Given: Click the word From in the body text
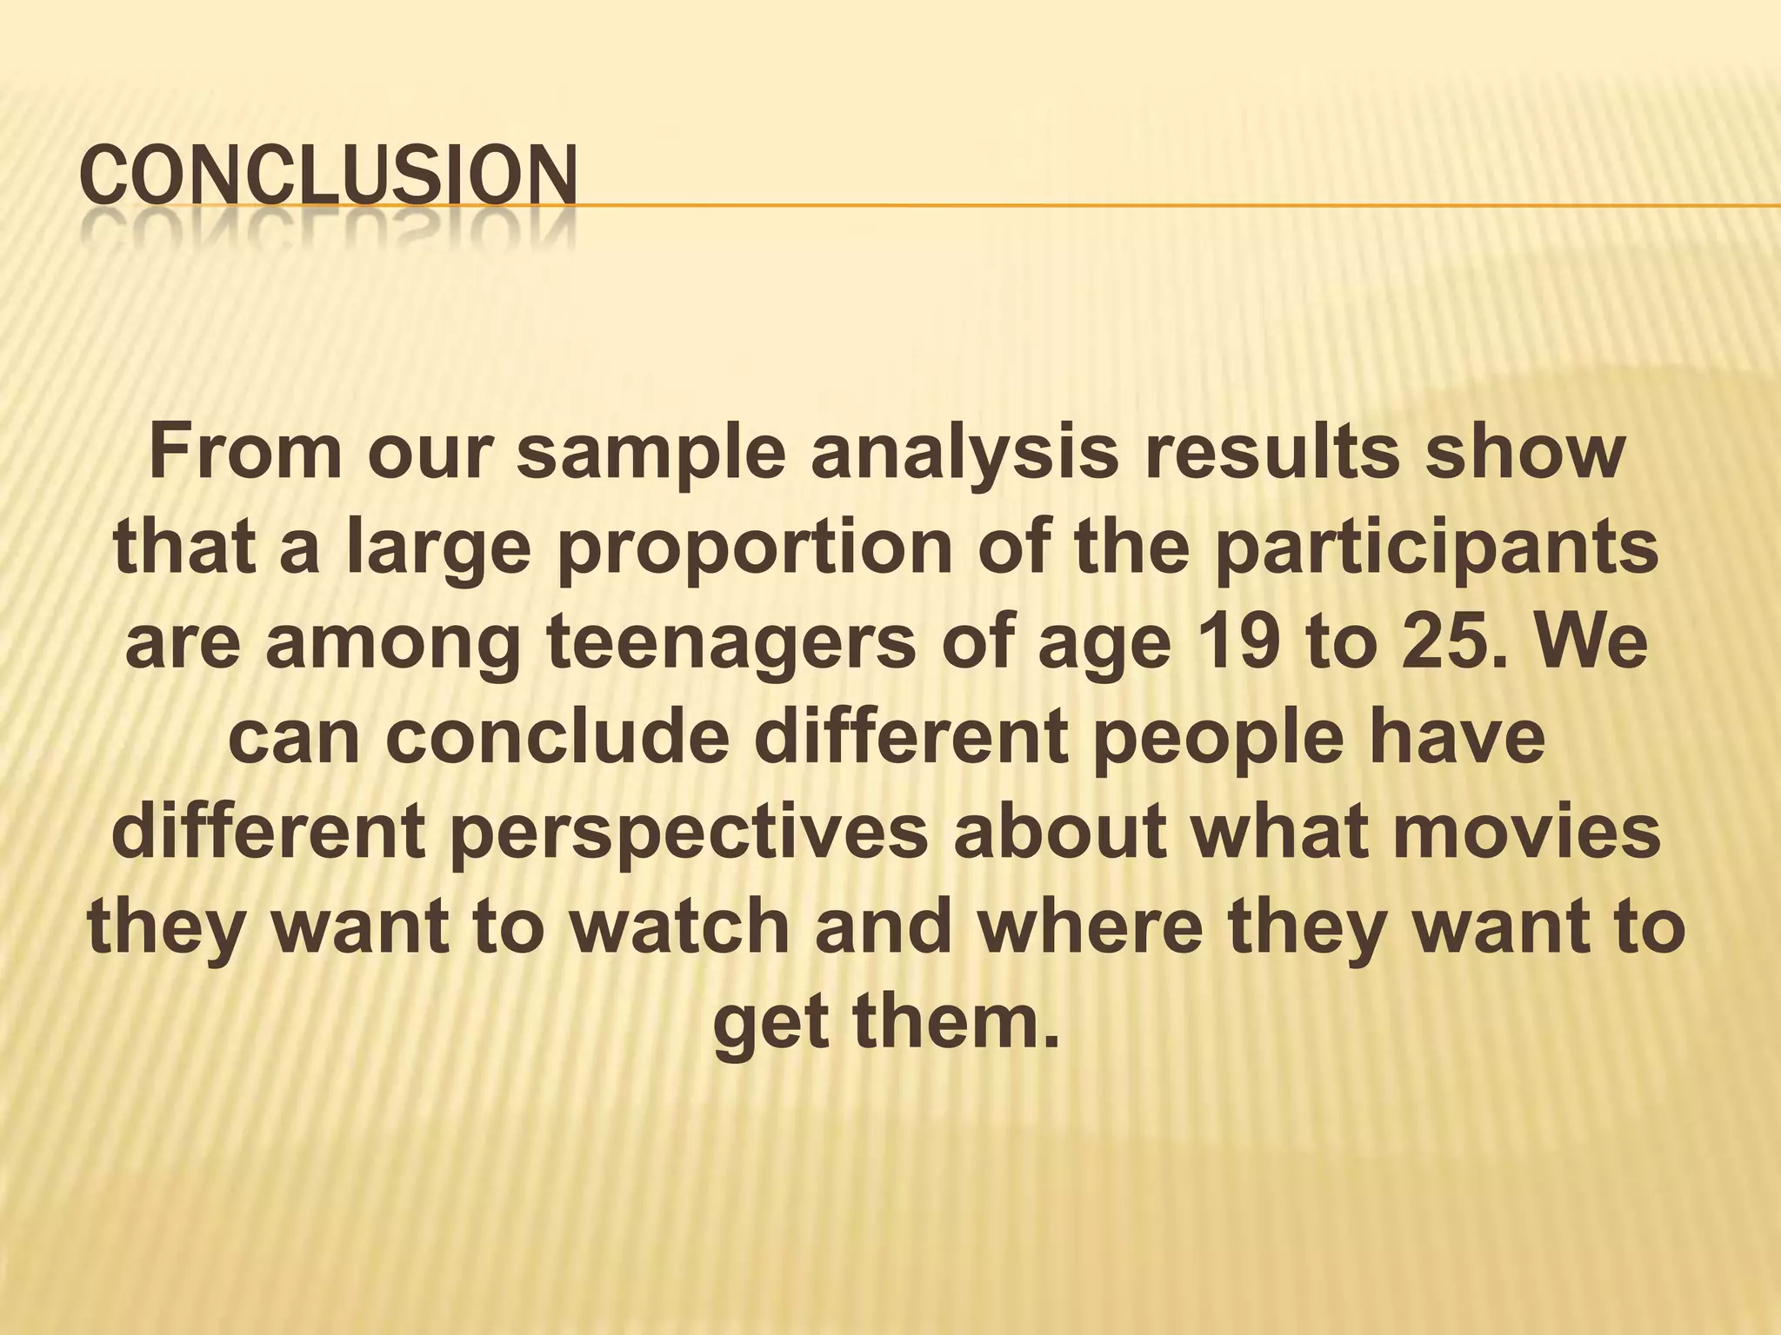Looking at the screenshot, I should tap(246, 453).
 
